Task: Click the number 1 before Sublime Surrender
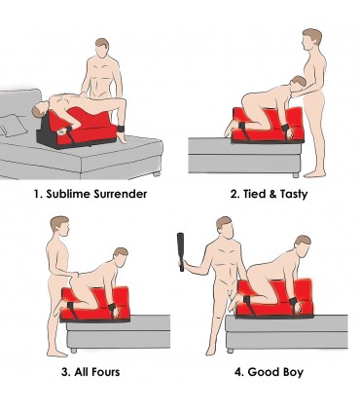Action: click(37, 194)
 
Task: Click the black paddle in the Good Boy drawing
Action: click(181, 252)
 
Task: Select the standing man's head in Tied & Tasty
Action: click(313, 41)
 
